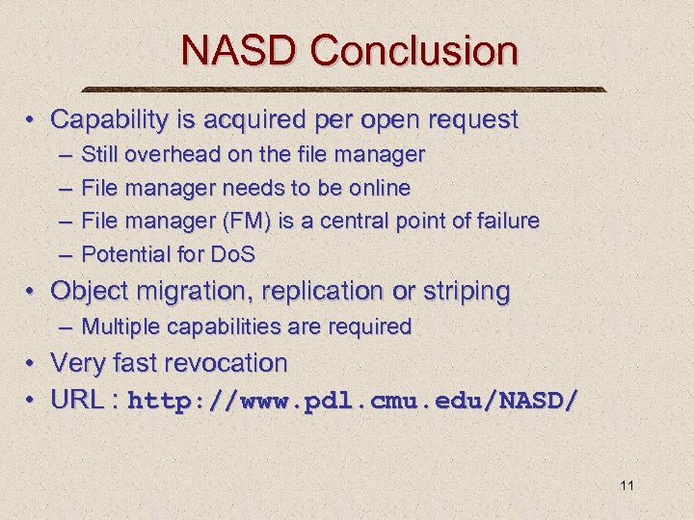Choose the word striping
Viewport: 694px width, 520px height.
pyautogui.click(x=465, y=291)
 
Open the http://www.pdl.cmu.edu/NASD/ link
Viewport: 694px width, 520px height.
pyautogui.click(x=354, y=401)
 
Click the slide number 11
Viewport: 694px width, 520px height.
pyautogui.click(x=627, y=485)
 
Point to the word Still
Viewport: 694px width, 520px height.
pyautogui.click(x=101, y=154)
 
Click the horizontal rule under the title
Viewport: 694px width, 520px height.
pyautogui.click(x=346, y=90)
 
